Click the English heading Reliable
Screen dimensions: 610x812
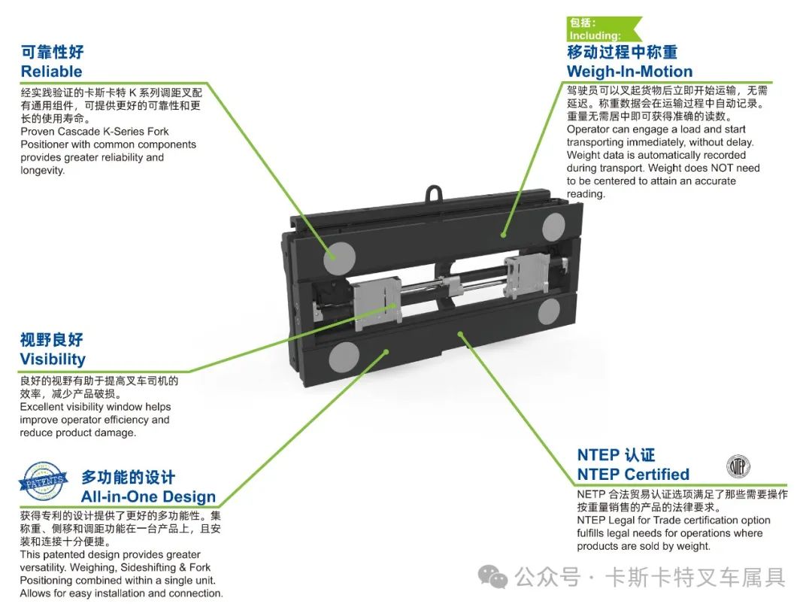(x=51, y=72)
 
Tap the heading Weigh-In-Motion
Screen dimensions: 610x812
(x=629, y=72)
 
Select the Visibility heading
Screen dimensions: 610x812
(x=53, y=360)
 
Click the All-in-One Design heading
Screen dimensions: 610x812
(x=148, y=497)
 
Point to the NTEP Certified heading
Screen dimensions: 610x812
(x=633, y=475)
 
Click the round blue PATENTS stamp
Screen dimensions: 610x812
(x=47, y=479)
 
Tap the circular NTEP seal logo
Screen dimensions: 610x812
(x=738, y=467)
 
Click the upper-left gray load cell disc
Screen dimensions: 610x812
(x=339, y=256)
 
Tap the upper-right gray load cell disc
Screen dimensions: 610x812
(x=554, y=225)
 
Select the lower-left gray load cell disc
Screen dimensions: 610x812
(x=346, y=355)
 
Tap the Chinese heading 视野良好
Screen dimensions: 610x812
(x=52, y=340)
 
